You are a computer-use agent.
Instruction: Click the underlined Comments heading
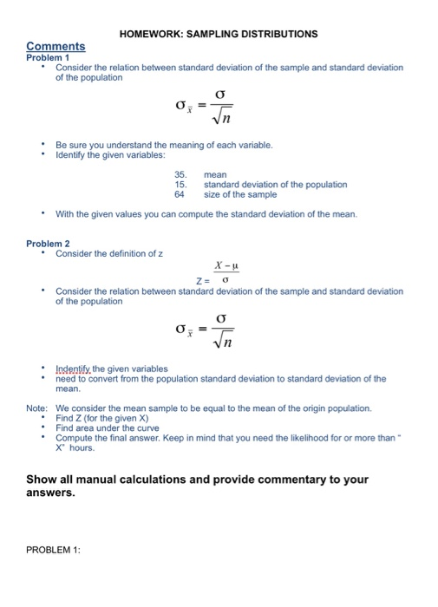click(56, 46)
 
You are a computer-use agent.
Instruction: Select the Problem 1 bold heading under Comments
click(48, 56)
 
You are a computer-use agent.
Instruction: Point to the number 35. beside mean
click(180, 173)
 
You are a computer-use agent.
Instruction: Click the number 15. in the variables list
click(180, 184)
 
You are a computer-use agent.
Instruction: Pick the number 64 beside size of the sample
click(180, 194)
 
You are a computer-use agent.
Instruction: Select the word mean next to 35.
click(214, 173)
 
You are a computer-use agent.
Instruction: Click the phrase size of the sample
click(241, 194)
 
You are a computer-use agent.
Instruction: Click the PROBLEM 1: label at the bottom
click(53, 547)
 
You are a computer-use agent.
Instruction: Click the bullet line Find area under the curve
click(108, 428)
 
